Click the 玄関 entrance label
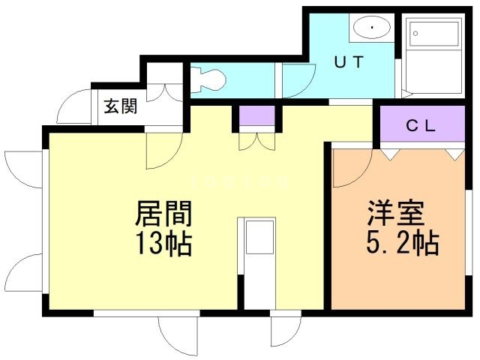click(x=121, y=106)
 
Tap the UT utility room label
click(x=349, y=63)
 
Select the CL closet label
click(x=421, y=125)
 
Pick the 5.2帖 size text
click(x=403, y=243)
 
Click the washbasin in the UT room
click(x=369, y=29)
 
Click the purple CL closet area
click(x=421, y=125)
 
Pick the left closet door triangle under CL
click(x=389, y=152)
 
